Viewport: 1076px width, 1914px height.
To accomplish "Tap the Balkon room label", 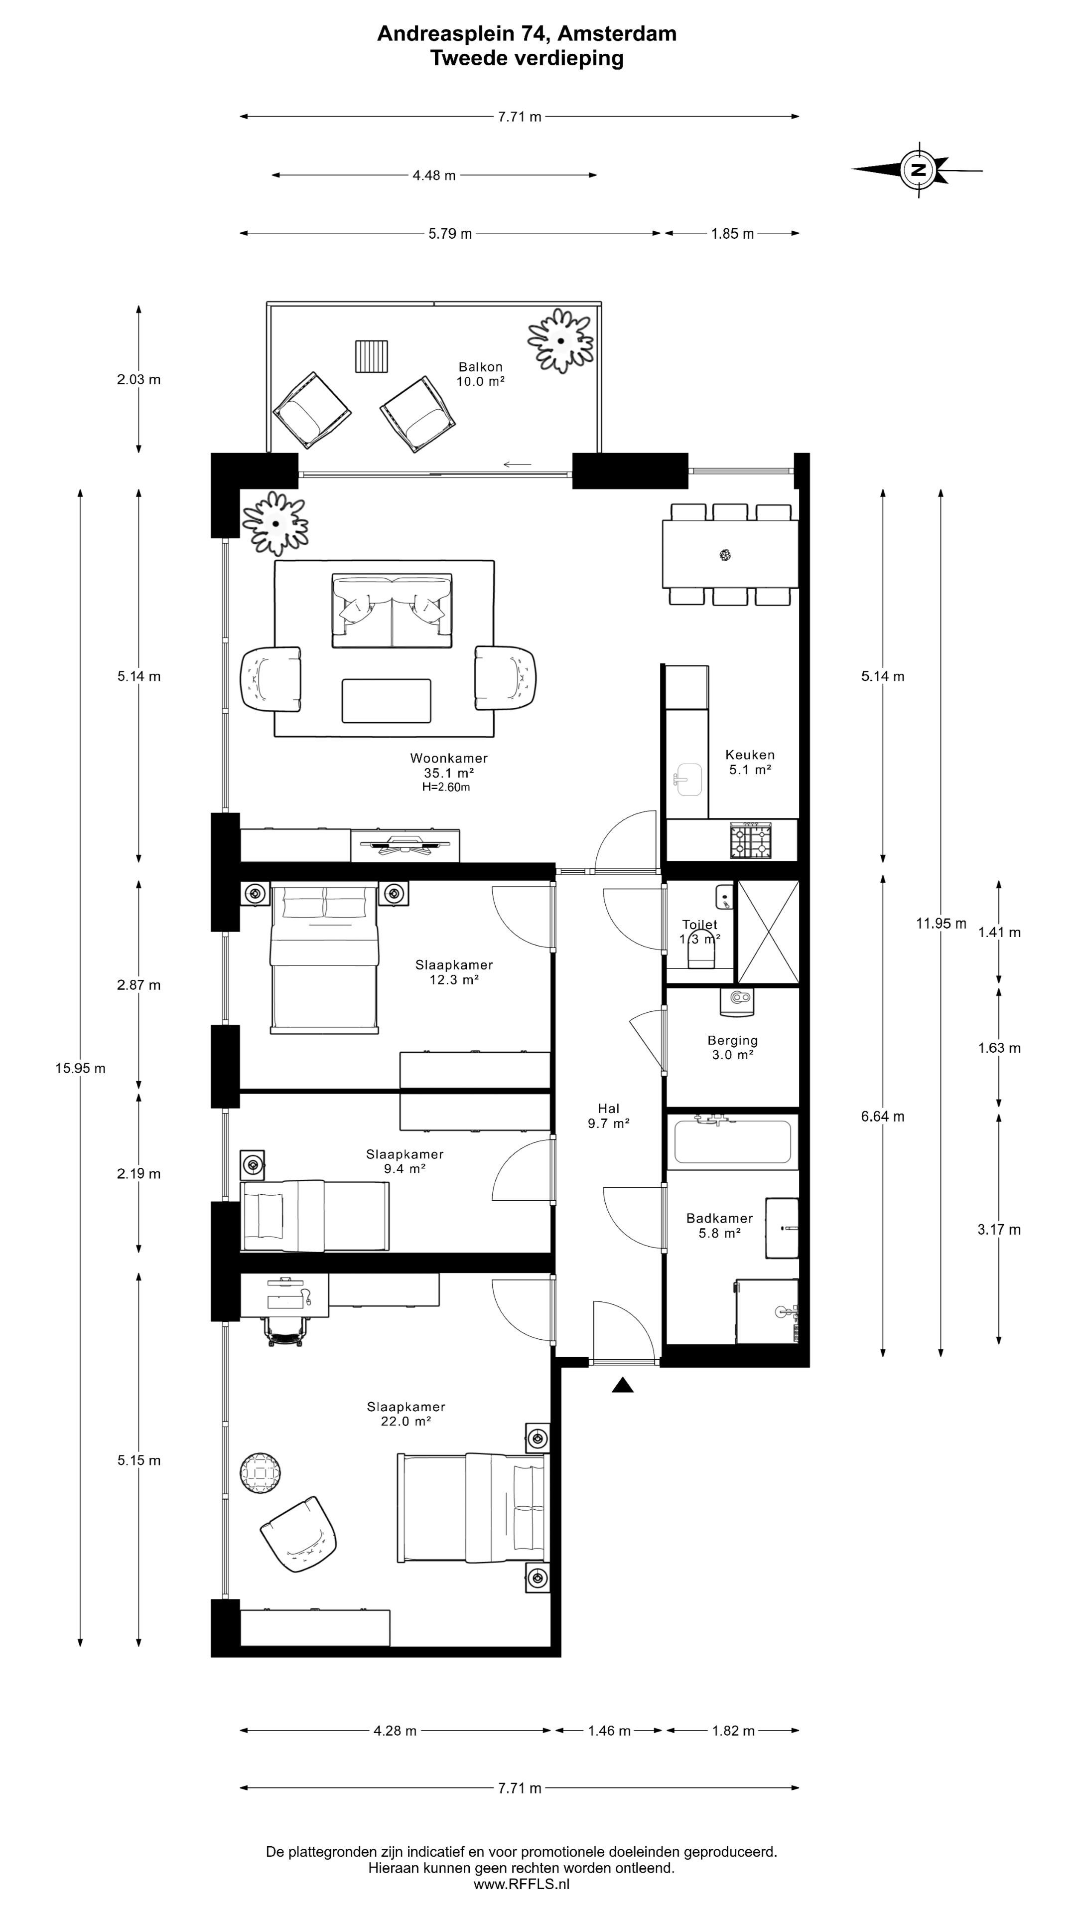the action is [480, 367].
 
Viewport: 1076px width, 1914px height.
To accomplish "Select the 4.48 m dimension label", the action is [434, 175].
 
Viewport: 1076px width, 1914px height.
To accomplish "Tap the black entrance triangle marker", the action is [622, 1385].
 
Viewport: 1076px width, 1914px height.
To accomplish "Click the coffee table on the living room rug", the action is [386, 701].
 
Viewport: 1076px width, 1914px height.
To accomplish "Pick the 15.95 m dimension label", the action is [80, 1069].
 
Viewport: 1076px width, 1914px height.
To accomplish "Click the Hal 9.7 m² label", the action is [608, 1116].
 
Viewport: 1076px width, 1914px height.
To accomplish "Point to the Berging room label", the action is [732, 1040].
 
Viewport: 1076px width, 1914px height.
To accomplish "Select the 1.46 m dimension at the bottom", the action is [609, 1731].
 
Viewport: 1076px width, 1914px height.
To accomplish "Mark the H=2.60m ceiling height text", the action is [445, 787].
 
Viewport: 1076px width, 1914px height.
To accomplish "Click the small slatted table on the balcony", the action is [371, 357].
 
